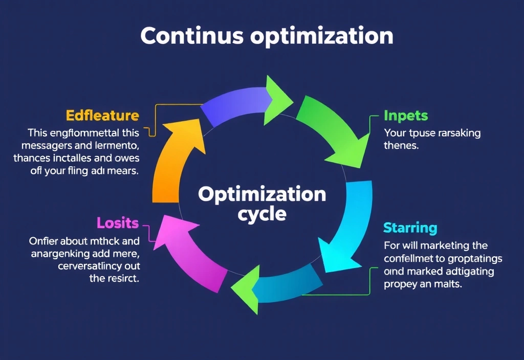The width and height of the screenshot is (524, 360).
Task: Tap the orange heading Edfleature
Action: point(102,115)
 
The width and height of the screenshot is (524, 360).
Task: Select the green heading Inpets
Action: point(406,116)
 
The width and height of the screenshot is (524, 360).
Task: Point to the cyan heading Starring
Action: point(410,227)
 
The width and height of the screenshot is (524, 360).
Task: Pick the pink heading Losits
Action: point(118,223)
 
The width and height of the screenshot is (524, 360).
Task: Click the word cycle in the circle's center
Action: point(261,213)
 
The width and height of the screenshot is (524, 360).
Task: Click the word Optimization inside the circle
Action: point(261,194)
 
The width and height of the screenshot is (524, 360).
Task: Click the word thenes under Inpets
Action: point(402,145)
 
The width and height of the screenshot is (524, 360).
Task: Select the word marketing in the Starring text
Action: point(438,246)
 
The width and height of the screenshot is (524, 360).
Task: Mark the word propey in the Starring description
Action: point(401,284)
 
